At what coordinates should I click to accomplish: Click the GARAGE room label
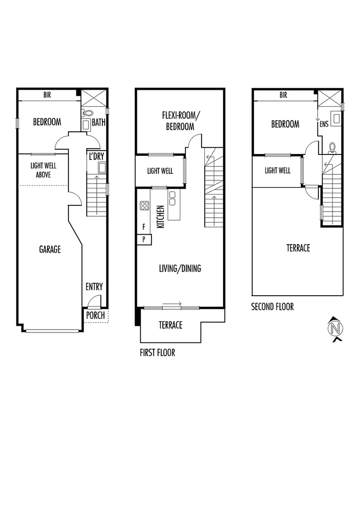50,249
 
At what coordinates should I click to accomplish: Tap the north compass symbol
335,328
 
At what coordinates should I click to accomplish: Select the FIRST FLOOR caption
157,352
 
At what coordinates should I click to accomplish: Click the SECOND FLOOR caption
272,307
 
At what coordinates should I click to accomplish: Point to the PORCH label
95,315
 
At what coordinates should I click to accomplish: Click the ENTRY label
94,287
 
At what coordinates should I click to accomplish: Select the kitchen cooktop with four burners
144,206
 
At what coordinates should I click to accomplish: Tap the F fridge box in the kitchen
143,227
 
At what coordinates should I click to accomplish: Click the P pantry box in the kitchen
143,240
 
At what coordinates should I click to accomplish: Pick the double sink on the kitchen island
172,198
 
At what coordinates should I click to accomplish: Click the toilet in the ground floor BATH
87,113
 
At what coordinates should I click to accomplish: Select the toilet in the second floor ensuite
332,147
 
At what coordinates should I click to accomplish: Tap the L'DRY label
96,156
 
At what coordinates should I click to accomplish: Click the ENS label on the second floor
324,124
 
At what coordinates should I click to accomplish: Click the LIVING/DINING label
179,268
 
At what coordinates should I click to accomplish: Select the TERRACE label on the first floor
170,325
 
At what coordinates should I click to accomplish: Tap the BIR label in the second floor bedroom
283,95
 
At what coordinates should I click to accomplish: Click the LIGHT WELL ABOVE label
43,170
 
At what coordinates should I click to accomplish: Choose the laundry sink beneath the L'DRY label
102,167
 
